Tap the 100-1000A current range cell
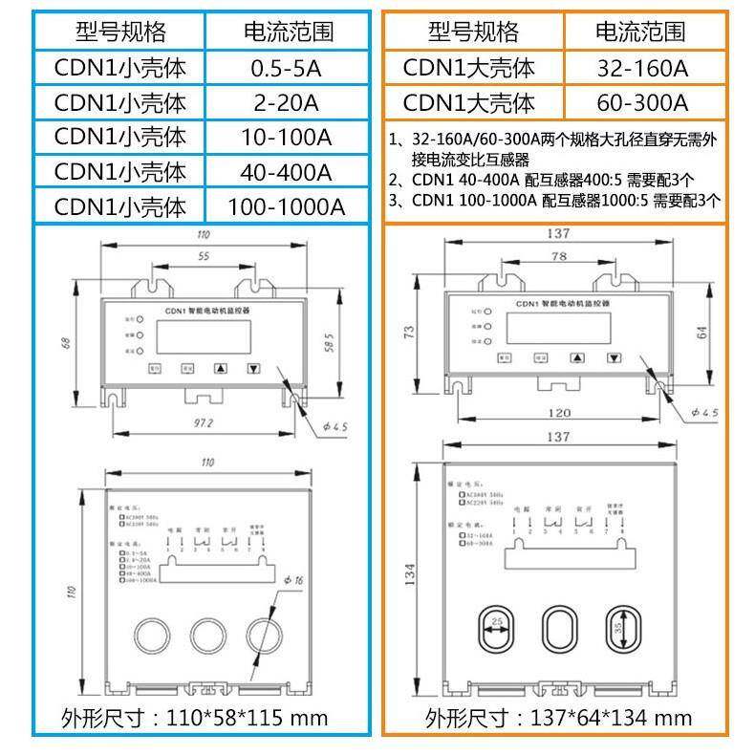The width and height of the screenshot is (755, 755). click(285, 206)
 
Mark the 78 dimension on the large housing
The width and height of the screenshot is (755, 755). click(558, 257)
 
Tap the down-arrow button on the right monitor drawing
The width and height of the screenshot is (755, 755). click(612, 359)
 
